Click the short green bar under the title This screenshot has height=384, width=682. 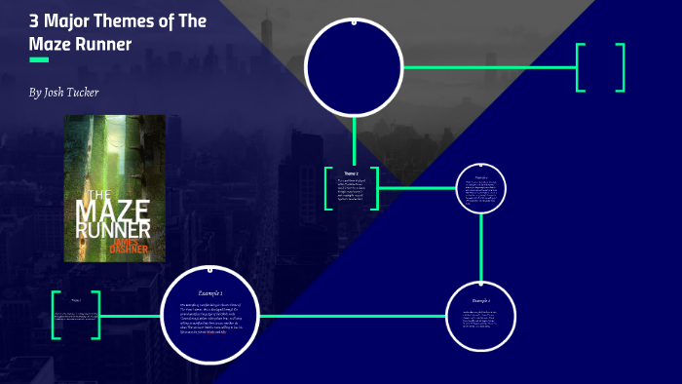[x=39, y=60]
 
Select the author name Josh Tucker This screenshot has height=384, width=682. [x=64, y=93]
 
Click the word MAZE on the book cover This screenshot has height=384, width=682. [x=114, y=210]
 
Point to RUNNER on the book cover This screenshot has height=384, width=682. [x=114, y=230]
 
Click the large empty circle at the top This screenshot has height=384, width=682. [x=354, y=66]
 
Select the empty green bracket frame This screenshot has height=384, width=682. [x=600, y=67]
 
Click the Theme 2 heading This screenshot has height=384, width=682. [x=351, y=173]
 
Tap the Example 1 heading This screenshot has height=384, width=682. [x=210, y=292]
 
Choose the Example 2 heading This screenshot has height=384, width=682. [x=480, y=300]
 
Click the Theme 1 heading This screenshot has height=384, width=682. [x=75, y=300]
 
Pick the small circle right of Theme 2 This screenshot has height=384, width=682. [x=481, y=187]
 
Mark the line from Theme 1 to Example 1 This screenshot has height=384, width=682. [x=131, y=316]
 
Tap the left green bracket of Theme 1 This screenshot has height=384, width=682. [x=56, y=315]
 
